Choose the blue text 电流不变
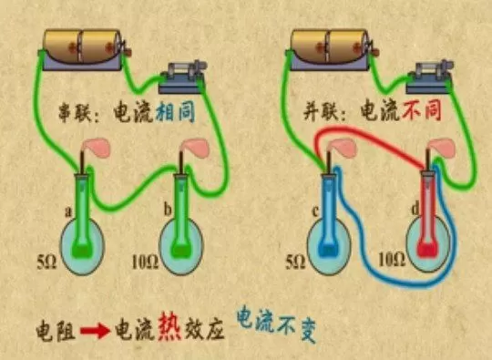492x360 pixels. click(280, 321)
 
